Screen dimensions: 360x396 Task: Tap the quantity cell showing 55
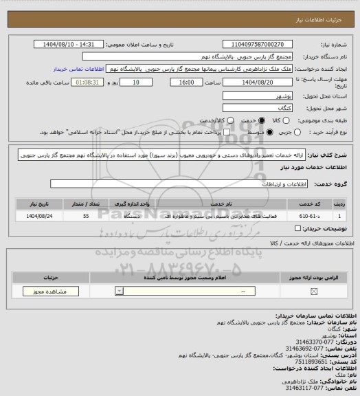click(x=85, y=216)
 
